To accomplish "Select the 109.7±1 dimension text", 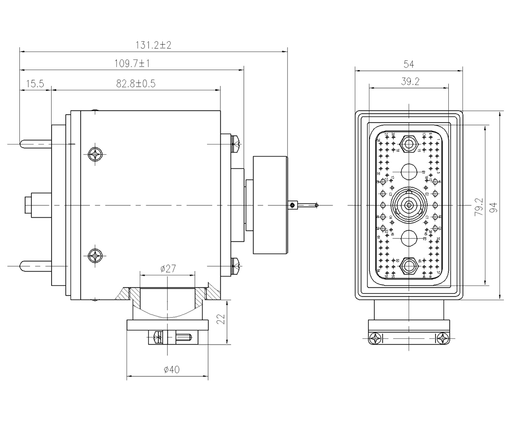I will click(133, 64).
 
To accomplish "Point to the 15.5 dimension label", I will click(36, 83).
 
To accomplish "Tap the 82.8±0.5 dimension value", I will click(136, 83).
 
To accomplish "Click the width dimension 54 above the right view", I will click(408, 64).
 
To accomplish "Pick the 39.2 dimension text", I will click(408, 81).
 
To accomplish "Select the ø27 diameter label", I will click(167, 267).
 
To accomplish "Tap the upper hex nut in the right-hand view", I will click(409, 144).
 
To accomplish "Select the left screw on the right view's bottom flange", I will click(376, 338).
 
